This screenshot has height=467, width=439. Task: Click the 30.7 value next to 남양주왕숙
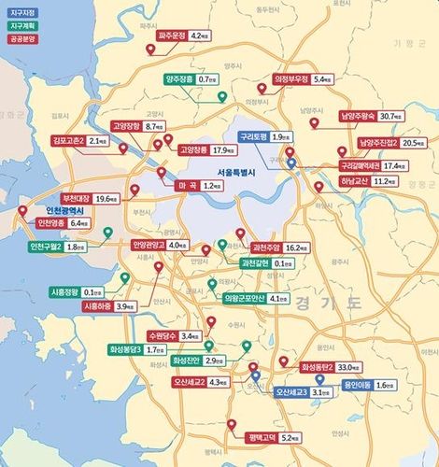(389, 117)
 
